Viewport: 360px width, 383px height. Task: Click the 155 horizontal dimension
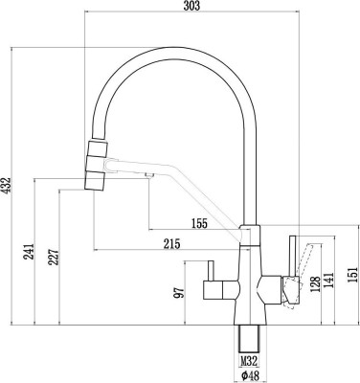[x=198, y=223]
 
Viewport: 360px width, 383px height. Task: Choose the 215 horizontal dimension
[x=172, y=244]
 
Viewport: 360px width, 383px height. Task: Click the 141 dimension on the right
[x=329, y=278]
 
